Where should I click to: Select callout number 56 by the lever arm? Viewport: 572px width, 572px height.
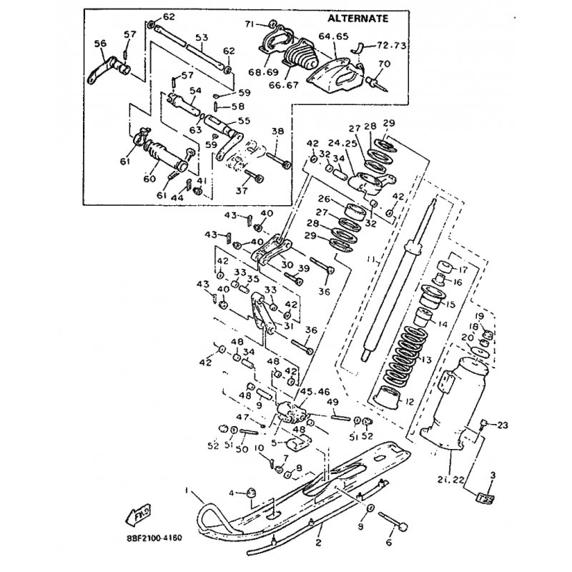(99, 43)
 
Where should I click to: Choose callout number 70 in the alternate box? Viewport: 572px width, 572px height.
(383, 64)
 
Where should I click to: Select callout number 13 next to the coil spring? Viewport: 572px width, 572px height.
(427, 359)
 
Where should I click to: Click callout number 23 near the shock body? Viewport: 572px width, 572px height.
(502, 425)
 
